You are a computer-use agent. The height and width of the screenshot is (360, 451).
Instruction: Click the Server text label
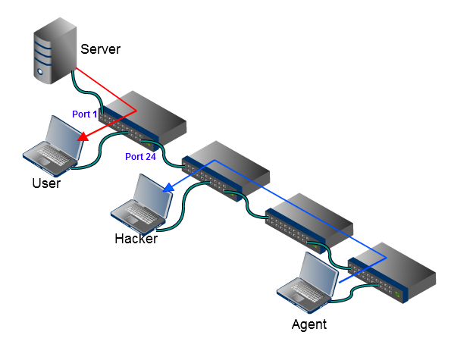coord(100,50)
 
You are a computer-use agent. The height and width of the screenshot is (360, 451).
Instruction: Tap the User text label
coord(46,183)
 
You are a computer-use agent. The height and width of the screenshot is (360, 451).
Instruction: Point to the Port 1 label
coord(85,114)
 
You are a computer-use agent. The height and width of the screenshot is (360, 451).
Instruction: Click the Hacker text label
coord(136,239)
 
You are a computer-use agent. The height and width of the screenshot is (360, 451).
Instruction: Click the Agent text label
coord(308,324)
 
